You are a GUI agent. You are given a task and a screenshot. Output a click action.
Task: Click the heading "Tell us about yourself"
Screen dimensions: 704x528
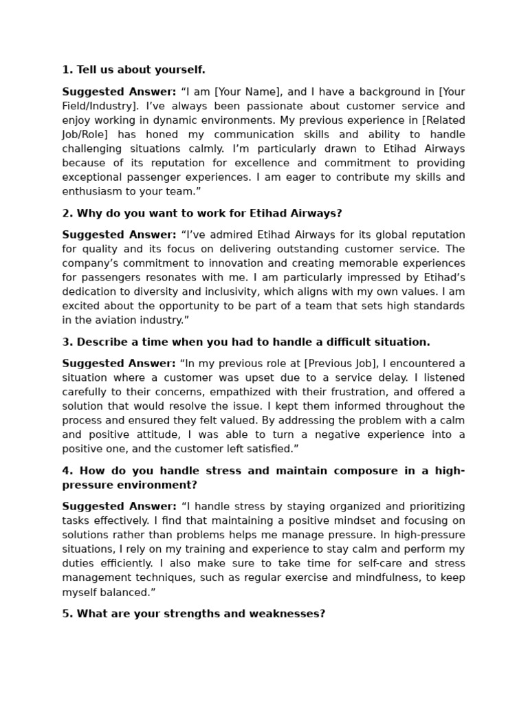click(133, 70)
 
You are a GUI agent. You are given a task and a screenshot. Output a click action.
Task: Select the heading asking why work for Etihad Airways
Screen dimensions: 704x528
click(201, 213)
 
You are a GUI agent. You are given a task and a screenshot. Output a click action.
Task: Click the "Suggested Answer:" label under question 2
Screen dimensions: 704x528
click(119, 234)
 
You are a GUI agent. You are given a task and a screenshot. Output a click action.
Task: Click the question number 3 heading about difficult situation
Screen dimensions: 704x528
click(245, 342)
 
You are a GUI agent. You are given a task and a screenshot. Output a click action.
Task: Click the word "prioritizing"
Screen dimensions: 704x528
click(428, 506)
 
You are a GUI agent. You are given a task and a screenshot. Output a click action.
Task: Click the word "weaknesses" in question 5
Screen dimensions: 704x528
click(289, 613)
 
